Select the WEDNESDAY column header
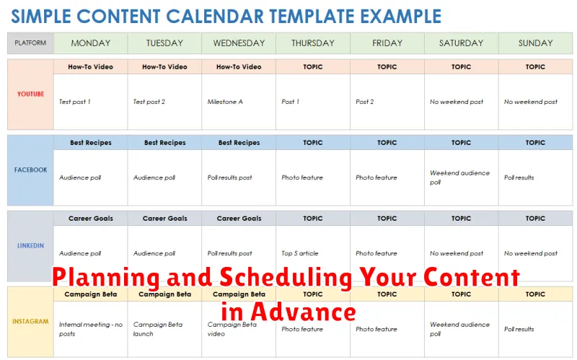tap(239, 43)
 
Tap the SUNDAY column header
tap(535, 43)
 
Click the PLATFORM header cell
tap(30, 43)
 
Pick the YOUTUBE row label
tap(30, 94)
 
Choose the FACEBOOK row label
tap(30, 170)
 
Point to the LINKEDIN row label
tap(30, 245)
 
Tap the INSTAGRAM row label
tap(30, 321)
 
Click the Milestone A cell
tap(225, 102)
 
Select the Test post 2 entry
tap(149, 102)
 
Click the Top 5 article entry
tap(300, 253)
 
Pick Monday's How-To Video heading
tap(91, 67)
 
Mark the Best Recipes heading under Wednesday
tap(239, 143)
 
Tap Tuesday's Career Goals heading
tap(165, 219)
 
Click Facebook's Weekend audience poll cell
tap(459, 177)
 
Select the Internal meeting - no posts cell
tap(91, 329)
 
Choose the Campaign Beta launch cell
tap(158, 329)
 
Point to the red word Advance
tap(303, 312)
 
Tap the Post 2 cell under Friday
tap(365, 102)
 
